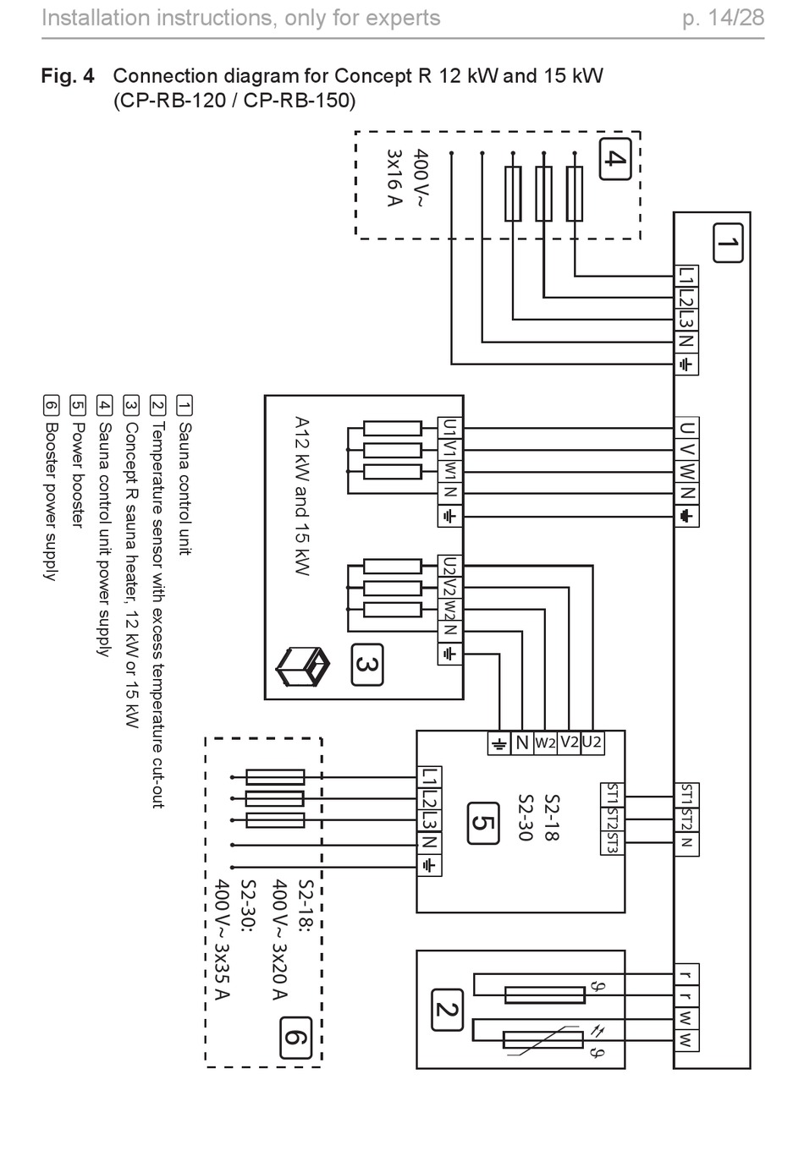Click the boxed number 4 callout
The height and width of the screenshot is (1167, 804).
615,159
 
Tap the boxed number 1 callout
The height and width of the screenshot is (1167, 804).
728,243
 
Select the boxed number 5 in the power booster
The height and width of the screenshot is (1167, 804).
483,823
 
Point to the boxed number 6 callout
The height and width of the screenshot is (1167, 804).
295,1038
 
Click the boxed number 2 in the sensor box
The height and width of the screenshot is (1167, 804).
448,1010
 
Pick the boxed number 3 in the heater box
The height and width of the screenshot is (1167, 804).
367,665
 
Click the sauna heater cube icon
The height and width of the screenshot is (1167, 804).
302,667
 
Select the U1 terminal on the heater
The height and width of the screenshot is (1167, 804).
449,428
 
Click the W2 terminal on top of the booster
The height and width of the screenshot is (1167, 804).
545,742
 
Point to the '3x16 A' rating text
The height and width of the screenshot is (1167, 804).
394,178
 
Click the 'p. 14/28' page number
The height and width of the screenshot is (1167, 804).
724,18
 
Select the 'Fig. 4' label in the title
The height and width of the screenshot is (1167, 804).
68,76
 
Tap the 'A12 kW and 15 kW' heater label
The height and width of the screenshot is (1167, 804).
302,496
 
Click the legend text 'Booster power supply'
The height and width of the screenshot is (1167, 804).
51,501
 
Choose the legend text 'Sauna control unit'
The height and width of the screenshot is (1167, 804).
185,489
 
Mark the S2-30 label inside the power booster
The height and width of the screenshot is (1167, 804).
526,818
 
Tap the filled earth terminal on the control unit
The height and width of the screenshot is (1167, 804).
686,516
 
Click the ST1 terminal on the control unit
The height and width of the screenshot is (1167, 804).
686,795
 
